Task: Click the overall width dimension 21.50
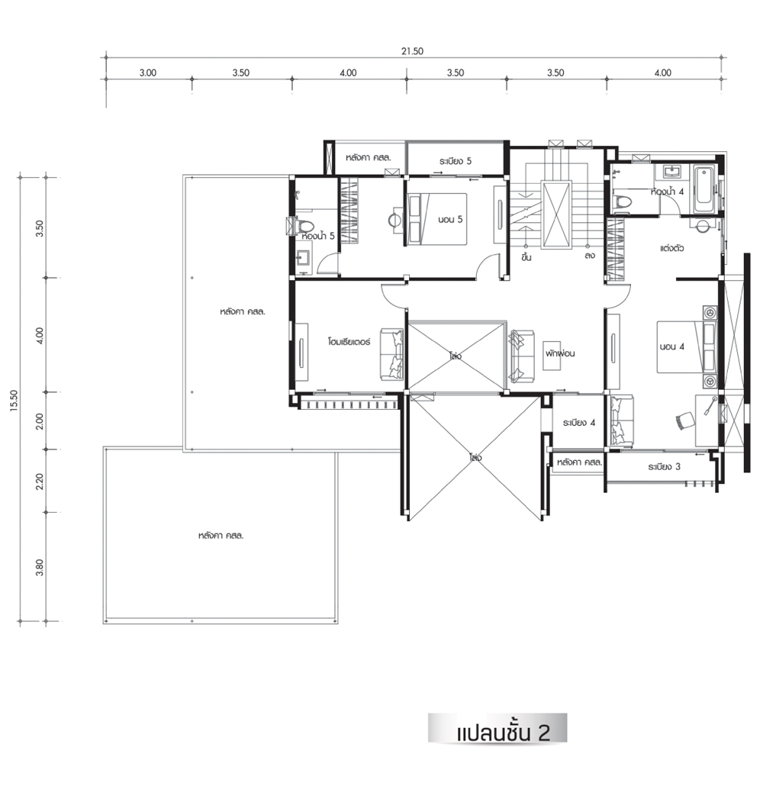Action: [x=412, y=51]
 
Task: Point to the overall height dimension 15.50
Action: [x=14, y=400]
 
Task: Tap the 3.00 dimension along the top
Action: [x=148, y=72]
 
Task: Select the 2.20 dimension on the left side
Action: [x=40, y=481]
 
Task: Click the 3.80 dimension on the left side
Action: [x=40, y=567]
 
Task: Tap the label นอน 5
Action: [x=450, y=220]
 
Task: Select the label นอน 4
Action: [x=672, y=346]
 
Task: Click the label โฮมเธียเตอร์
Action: [x=349, y=341]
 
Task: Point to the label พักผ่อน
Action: [x=560, y=353]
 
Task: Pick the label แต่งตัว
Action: [x=672, y=248]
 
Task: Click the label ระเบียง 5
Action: [x=456, y=161]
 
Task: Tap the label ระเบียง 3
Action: [x=664, y=466]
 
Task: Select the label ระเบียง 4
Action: [x=579, y=423]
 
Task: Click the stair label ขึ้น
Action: [x=526, y=256]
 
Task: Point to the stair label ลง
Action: [x=590, y=256]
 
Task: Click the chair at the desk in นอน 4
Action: [x=684, y=421]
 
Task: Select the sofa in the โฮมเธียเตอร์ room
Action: [x=391, y=354]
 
